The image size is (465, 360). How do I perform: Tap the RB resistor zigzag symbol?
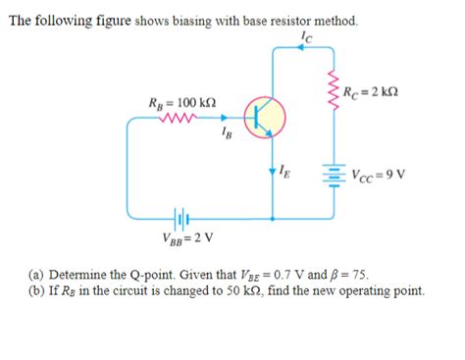tap(180, 122)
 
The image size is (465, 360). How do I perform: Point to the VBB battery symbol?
tap(179, 218)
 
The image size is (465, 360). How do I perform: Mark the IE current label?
tap(285, 174)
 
